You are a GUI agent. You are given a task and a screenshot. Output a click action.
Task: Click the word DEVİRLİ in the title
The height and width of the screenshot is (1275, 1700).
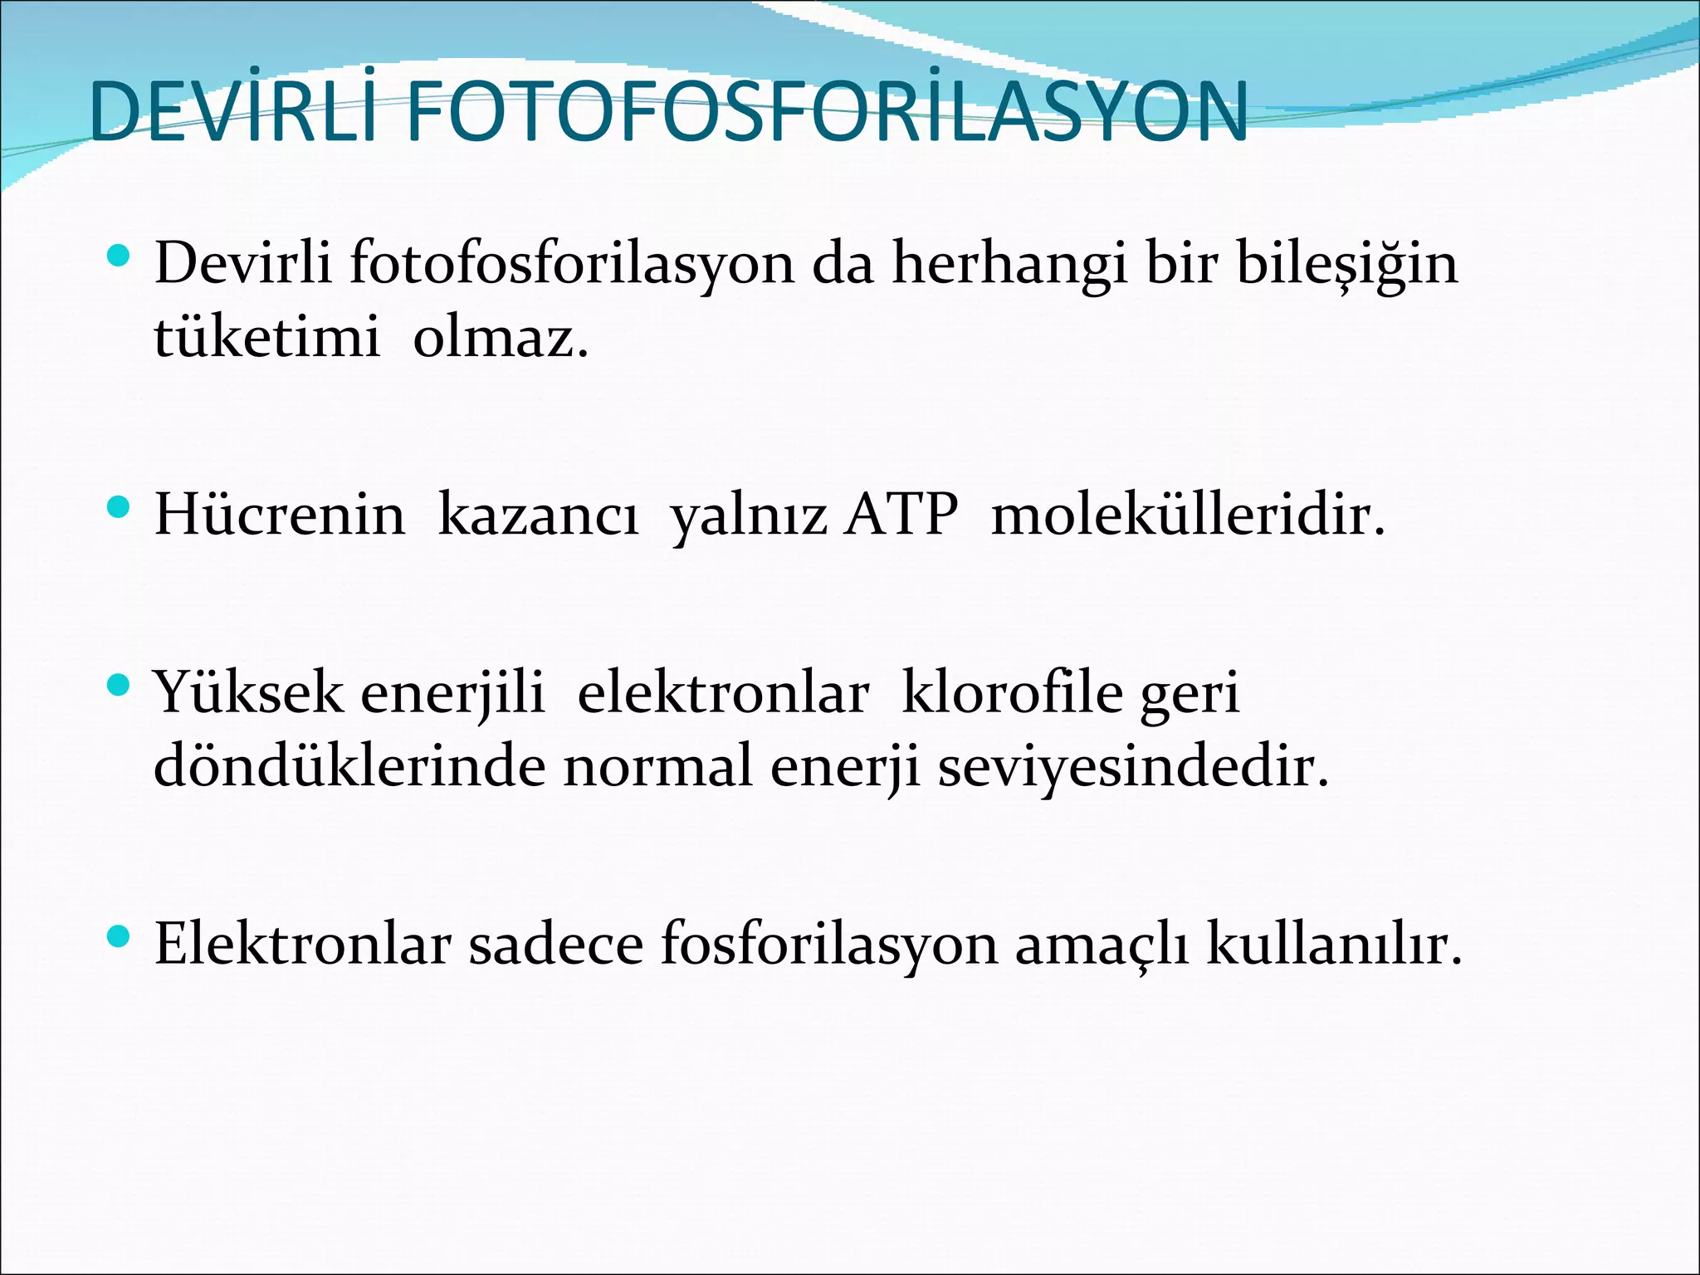click(233, 112)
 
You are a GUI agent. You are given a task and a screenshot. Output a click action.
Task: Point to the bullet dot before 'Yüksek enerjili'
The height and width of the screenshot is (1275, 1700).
click(120, 685)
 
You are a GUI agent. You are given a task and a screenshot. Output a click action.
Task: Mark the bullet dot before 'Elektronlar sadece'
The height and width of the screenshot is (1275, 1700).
click(120, 936)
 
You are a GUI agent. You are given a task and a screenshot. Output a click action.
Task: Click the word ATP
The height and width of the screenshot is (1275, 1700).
click(901, 515)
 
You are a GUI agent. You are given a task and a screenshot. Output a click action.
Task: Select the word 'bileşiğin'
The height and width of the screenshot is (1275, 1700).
click(1346, 264)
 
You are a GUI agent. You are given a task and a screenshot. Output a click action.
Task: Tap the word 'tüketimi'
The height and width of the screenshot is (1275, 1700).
click(266, 337)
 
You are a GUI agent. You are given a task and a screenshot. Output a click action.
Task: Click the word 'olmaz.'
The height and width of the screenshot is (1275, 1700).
click(501, 337)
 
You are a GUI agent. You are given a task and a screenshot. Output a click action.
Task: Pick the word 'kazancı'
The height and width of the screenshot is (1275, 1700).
click(538, 515)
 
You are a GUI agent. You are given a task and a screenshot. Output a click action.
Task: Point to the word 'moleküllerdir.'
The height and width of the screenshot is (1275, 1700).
click(1189, 515)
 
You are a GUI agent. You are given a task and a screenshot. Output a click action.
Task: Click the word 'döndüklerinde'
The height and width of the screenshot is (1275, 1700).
click(349, 765)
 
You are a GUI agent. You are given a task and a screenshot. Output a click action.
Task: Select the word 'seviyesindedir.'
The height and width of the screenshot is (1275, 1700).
click(1133, 765)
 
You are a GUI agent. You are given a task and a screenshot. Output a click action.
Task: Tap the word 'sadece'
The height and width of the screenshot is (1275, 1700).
click(555, 944)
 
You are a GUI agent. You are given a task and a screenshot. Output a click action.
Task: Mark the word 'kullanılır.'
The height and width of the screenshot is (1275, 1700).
click(1334, 944)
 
